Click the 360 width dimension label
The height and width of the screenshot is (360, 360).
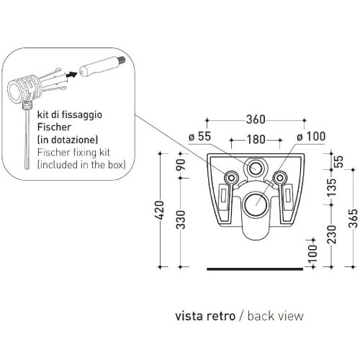pos(256,120)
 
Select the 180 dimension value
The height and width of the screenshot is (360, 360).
pos(256,140)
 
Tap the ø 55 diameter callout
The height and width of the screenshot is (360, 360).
pos(199,137)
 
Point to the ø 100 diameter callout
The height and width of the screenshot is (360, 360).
pos(311,137)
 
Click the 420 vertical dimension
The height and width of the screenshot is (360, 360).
pos(159,210)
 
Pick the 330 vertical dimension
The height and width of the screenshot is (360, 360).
pos(181,220)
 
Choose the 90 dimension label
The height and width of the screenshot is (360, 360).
pos(181,164)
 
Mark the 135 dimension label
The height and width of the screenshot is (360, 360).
pos(332,187)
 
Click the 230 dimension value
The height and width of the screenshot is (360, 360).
pos(332,234)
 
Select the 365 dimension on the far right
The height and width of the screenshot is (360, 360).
pos(353,218)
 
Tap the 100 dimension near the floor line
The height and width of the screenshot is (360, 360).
pos(312,253)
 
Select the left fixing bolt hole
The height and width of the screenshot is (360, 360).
pos(231,178)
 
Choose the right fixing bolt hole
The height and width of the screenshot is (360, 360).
pos(279,178)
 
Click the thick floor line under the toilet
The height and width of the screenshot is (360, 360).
pos(255,269)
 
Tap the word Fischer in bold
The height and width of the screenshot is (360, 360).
pos(54,127)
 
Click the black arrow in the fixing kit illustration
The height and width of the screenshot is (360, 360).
pos(72,74)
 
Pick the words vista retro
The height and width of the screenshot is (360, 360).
pos(205,316)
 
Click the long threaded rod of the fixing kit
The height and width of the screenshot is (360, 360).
pos(27,139)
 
